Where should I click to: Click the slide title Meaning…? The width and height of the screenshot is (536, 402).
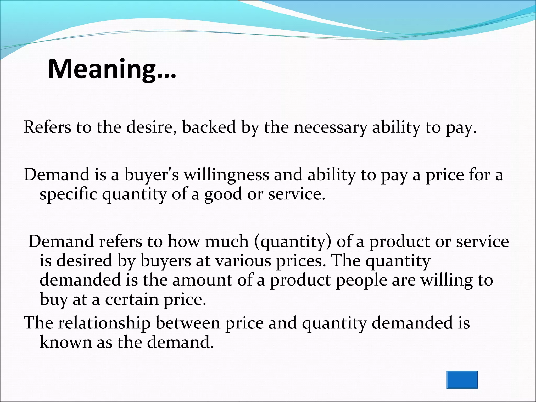coord(112,69)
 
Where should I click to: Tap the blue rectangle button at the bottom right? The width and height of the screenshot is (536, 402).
coord(462,379)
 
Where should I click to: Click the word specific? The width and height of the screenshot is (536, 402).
coord(68,195)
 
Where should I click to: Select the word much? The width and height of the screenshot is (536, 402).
coord(227,241)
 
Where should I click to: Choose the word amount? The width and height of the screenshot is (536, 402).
coord(202,280)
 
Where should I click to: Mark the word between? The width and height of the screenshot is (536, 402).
coord(188,323)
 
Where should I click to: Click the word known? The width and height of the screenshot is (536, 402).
coord(66,342)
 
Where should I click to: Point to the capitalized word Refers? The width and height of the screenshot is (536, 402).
coord(47,127)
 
